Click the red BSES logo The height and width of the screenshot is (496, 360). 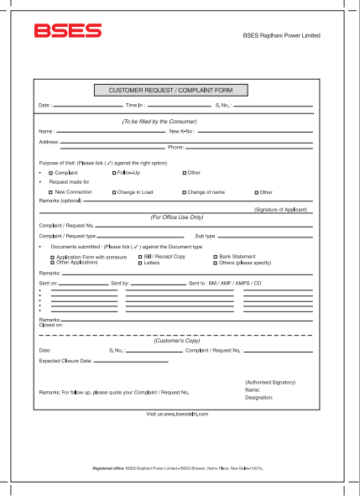click(68, 32)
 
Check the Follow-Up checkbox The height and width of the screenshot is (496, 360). click(114, 172)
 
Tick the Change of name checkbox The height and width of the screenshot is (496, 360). click(184, 192)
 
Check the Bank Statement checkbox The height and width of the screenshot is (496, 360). click(214, 256)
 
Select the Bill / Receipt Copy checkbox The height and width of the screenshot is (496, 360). click(140, 256)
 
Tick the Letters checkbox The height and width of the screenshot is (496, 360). click(140, 263)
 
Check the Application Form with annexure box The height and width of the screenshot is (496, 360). click(52, 257)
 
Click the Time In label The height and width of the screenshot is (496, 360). click(136, 106)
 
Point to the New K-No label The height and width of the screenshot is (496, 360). click(181, 132)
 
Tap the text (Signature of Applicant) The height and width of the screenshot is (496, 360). click(280, 209)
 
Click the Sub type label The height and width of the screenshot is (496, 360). click(205, 237)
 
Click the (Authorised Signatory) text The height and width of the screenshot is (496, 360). click(269, 382)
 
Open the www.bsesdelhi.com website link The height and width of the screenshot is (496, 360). click(177, 415)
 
